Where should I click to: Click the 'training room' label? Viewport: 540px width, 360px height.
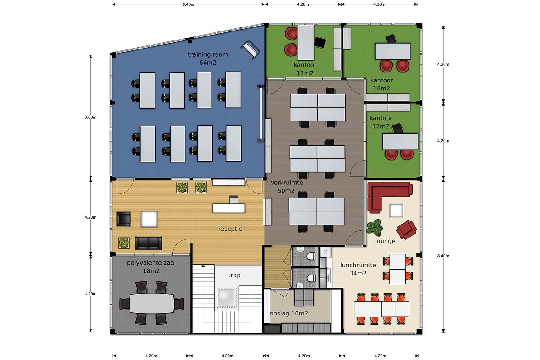point(207,54)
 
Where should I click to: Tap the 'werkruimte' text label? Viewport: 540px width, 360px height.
point(286,183)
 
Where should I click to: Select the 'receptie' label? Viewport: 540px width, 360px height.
point(230,229)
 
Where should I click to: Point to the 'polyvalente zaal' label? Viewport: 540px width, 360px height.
point(151,263)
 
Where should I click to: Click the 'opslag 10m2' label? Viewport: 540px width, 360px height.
point(289,314)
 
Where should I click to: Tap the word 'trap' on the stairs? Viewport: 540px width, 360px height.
point(234,275)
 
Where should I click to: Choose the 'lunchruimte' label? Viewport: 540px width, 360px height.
point(358,265)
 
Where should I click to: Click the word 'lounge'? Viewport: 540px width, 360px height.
point(385,241)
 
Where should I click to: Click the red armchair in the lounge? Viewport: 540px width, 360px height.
point(407,229)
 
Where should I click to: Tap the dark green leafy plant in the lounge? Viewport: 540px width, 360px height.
point(374,227)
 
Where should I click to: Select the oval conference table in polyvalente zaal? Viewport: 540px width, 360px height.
point(152,303)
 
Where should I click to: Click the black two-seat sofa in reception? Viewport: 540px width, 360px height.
point(148,243)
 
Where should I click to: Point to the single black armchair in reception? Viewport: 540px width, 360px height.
point(124,219)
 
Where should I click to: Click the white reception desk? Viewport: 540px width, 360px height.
point(229,208)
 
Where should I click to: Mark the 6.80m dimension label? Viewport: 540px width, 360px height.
point(90,117)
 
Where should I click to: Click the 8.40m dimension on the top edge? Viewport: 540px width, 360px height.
point(188,4)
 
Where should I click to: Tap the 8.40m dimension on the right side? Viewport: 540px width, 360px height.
point(443,256)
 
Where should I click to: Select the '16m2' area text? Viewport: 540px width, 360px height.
point(382,89)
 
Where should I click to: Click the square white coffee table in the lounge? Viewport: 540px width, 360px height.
point(396,211)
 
